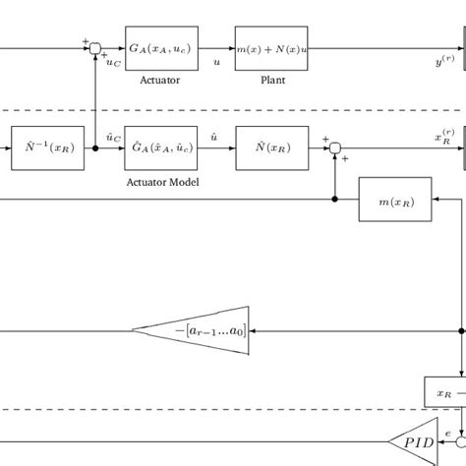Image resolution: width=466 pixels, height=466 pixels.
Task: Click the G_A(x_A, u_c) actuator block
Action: click(x=161, y=47)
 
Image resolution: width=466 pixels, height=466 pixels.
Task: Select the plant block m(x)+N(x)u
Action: click(x=270, y=47)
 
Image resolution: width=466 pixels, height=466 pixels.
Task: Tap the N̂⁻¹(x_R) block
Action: click(x=47, y=148)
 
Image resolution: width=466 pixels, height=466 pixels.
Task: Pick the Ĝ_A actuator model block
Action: click(x=161, y=148)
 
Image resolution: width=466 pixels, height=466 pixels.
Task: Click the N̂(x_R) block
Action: click(x=270, y=148)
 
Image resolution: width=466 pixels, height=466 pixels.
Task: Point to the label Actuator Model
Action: click(x=161, y=182)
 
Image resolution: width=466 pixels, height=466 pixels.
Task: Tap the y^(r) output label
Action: click(x=444, y=61)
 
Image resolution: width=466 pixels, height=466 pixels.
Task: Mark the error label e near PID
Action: click(x=449, y=433)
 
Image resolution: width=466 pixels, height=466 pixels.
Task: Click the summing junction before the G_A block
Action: click(x=95, y=47)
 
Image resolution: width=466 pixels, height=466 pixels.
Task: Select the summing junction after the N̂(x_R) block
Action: click(x=335, y=148)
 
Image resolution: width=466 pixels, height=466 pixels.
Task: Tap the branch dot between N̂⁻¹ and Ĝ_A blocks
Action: click(x=95, y=148)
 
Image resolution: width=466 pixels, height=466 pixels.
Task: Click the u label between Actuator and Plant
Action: click(x=216, y=61)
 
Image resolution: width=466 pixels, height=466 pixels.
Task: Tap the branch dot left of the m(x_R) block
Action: click(x=335, y=201)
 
